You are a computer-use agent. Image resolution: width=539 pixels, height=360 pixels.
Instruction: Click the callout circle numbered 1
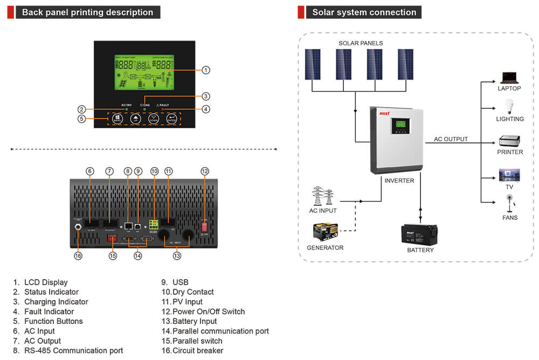(205, 70)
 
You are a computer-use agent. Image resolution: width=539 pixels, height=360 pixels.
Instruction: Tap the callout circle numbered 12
(205, 171)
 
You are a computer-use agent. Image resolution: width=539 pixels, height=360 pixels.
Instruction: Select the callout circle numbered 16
(78, 256)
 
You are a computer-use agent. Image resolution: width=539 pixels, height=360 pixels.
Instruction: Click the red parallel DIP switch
(113, 237)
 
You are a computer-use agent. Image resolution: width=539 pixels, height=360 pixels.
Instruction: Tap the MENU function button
(118, 119)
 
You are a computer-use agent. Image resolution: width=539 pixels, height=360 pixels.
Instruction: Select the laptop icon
(509, 78)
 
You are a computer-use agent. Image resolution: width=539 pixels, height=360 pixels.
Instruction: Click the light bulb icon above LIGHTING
(509, 107)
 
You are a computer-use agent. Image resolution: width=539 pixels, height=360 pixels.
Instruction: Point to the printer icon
(509, 141)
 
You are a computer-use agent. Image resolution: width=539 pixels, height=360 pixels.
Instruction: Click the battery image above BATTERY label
(420, 234)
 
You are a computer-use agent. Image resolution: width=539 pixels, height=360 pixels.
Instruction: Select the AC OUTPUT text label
(451, 139)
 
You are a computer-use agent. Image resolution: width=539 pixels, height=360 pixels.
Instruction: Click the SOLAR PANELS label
(361, 43)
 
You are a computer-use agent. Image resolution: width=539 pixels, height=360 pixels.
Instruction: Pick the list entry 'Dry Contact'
(188, 292)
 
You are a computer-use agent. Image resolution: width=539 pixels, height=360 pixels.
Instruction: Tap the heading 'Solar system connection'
(364, 12)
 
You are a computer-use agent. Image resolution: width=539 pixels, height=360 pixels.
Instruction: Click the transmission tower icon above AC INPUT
(322, 196)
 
